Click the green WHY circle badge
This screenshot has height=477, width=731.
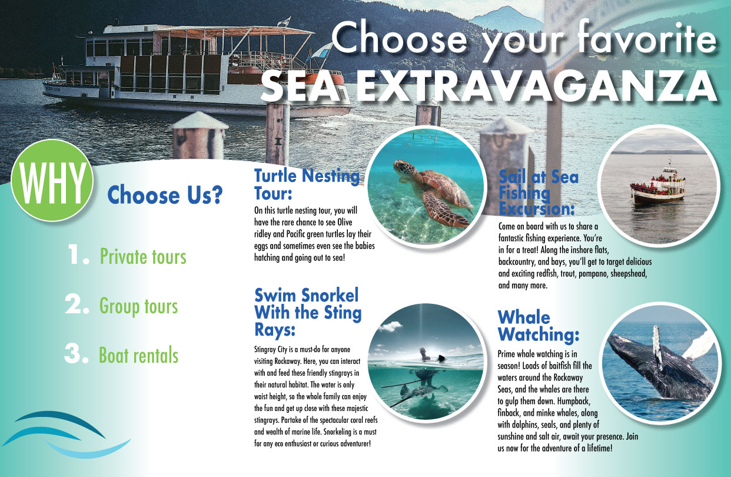tap(52, 181)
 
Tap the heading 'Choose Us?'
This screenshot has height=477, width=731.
tap(165, 195)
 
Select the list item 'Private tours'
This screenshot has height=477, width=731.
tap(143, 257)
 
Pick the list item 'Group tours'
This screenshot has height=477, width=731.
tap(138, 306)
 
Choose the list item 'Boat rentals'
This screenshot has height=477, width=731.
tap(139, 355)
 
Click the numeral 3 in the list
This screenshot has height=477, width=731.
tap(76, 353)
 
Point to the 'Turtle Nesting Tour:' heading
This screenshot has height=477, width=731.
tap(307, 184)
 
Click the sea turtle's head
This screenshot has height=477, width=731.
tap(404, 169)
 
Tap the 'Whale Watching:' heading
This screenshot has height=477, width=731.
tap(538, 326)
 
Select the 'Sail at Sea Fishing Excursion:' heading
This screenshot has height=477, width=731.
tap(538, 193)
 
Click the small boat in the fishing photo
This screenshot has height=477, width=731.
tap(657, 185)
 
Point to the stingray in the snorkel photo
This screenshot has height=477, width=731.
tap(423, 392)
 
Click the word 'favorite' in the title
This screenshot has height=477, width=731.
tap(646, 37)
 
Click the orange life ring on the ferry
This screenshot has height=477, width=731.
tap(281, 61)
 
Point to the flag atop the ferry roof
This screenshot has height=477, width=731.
tap(284, 21)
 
